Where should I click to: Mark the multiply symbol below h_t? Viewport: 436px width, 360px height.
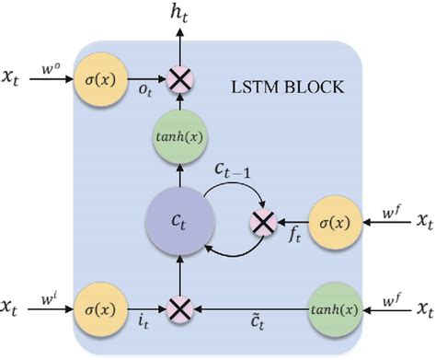tap(181, 80)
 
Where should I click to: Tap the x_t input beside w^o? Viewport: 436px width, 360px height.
tap(15, 81)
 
